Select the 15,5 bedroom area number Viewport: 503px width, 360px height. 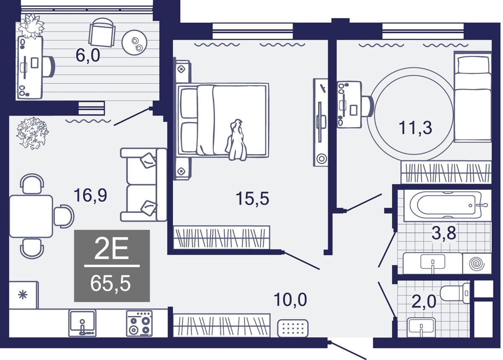point(252,198)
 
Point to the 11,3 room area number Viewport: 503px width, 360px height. point(415,128)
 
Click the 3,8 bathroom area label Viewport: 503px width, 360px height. point(444,232)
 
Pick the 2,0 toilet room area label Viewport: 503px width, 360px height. point(424,301)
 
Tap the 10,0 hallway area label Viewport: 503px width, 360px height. point(290,300)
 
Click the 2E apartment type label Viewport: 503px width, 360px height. point(111,249)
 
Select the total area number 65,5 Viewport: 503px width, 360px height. point(111,284)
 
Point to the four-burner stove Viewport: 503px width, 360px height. point(139,323)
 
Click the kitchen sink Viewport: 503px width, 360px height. point(83,323)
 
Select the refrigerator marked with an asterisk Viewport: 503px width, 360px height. point(23,295)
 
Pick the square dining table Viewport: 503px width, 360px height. point(31,217)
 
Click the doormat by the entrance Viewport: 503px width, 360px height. point(293,328)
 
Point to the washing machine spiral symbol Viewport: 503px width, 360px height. point(477,264)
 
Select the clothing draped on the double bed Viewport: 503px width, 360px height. point(236,140)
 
